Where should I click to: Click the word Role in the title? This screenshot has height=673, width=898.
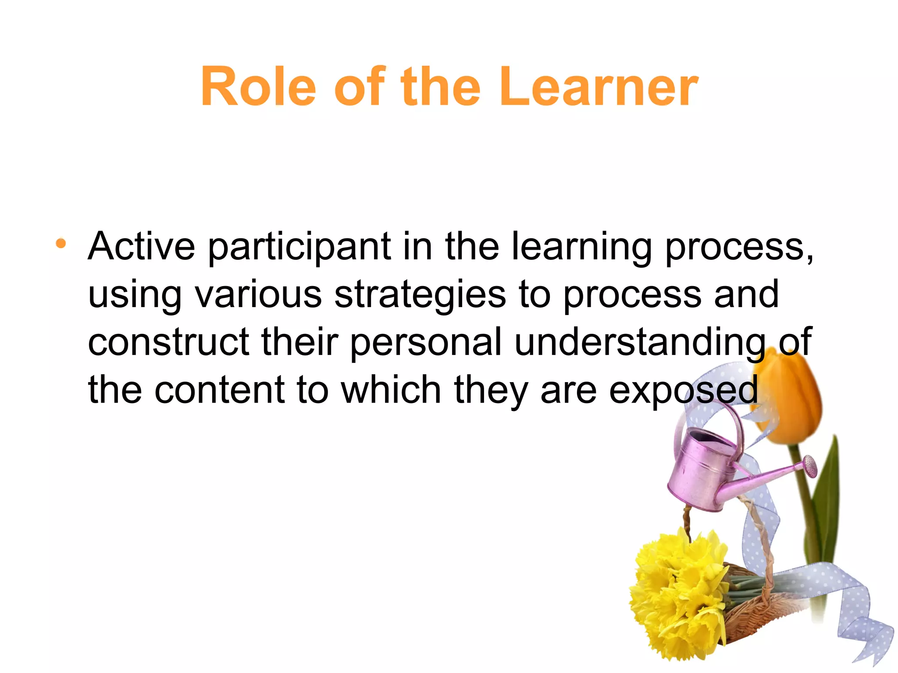coord(258,86)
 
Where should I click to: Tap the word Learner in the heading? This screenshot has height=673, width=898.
coord(599,86)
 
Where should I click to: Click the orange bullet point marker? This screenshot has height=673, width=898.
coord(61,243)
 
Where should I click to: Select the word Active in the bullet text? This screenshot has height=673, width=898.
coord(141,246)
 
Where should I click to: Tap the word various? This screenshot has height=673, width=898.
coord(258,294)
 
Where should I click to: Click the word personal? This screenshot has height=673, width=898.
coord(426,343)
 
